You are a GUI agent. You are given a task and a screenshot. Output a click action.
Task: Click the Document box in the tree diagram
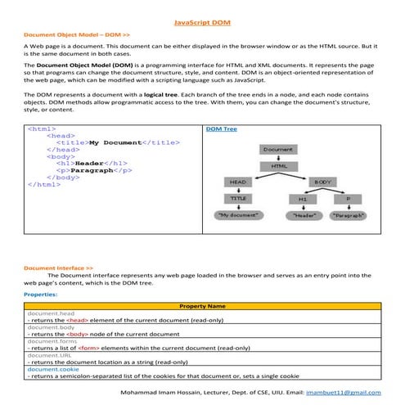pyautogui.click(x=279, y=150)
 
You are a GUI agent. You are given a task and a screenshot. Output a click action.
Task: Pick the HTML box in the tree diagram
pyautogui.click(x=279, y=166)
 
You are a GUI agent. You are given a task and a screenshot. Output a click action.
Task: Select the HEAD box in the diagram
pyautogui.click(x=238, y=182)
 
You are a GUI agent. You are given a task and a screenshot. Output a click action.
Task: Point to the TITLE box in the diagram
pyautogui.click(x=238, y=198)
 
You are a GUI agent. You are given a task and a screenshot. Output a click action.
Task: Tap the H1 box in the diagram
pyautogui.click(x=302, y=199)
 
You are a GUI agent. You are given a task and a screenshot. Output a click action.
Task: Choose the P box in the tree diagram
pyautogui.click(x=348, y=199)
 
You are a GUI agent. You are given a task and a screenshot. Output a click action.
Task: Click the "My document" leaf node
pyautogui.click(x=238, y=215)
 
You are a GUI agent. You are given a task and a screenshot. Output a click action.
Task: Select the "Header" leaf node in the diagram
pyautogui.click(x=304, y=215)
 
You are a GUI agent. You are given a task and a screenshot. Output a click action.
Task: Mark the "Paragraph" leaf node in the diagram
pyautogui.click(x=349, y=215)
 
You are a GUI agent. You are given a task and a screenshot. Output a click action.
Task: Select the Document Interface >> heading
pyautogui.click(x=58, y=268)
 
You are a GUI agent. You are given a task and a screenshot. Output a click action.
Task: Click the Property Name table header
pyautogui.click(x=202, y=305)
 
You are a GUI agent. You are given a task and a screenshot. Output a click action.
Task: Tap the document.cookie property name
pyautogui.click(x=53, y=369)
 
